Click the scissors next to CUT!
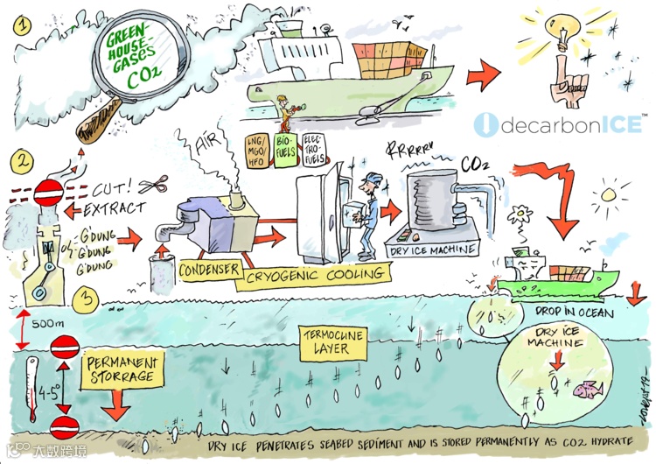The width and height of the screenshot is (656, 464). (x=154, y=186)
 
